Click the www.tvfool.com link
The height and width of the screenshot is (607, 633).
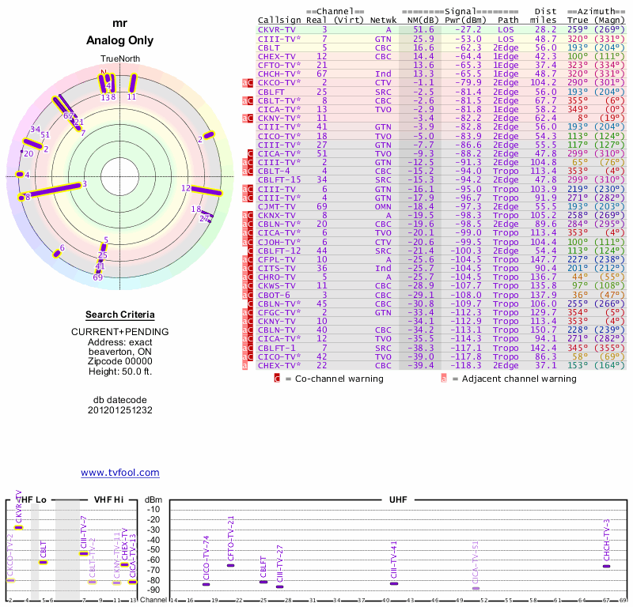(x=120, y=473)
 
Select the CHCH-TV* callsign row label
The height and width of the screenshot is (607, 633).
(x=279, y=73)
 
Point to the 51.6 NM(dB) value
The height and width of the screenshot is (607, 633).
(x=423, y=29)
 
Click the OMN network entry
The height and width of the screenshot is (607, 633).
(x=383, y=206)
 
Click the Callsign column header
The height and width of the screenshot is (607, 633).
(x=279, y=20)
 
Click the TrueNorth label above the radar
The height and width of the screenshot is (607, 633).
(x=119, y=59)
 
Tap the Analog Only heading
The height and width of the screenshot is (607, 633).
(x=120, y=40)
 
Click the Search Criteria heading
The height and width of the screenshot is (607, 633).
(x=120, y=315)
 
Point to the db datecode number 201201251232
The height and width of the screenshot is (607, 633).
(x=120, y=410)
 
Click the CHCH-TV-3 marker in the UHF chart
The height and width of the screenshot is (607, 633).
(x=606, y=566)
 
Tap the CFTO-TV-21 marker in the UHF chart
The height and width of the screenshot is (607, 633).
(x=230, y=565)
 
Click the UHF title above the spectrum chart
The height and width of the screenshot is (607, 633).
(x=398, y=500)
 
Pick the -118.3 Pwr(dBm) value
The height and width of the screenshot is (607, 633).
(x=468, y=365)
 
